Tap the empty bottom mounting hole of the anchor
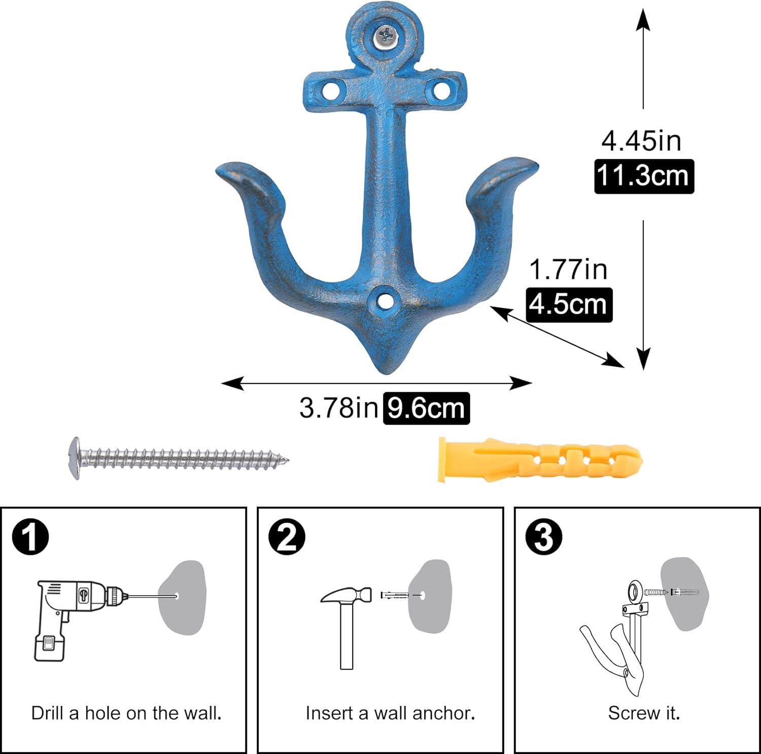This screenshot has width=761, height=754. [385, 301]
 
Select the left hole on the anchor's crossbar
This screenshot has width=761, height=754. [331, 92]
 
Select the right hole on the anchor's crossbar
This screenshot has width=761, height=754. [440, 91]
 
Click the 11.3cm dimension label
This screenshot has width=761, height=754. [643, 176]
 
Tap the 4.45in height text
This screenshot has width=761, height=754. [641, 141]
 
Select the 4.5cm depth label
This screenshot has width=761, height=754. [569, 305]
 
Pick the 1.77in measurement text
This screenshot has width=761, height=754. [568, 269]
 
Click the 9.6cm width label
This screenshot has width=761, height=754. [426, 408]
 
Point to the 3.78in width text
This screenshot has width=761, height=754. [338, 407]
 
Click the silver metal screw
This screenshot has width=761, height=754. [178, 458]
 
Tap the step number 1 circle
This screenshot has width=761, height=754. [30, 537]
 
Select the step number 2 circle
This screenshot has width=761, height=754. [287, 537]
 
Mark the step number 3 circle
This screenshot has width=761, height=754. [544, 537]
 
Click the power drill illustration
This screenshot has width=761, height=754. [76, 614]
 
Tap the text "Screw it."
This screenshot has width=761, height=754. [644, 713]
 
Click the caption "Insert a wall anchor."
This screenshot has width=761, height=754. [390, 713]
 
